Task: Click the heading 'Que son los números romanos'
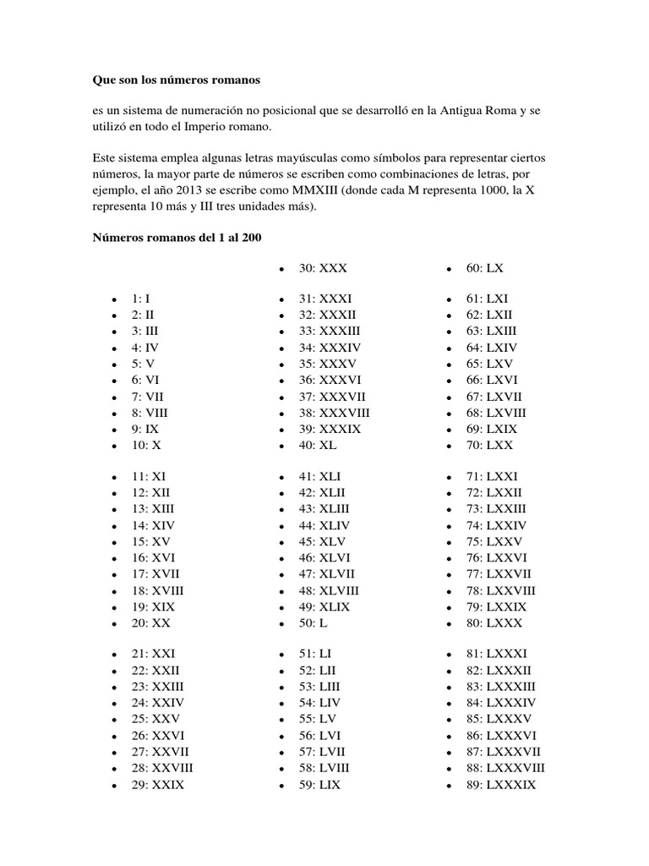pyautogui.click(x=177, y=80)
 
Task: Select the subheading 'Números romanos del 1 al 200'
pyautogui.click(x=177, y=238)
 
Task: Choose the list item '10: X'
pyautogui.click(x=145, y=445)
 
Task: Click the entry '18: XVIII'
pyautogui.click(x=157, y=590)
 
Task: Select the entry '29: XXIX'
pyautogui.click(x=157, y=784)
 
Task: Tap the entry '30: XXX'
pyautogui.click(x=323, y=268)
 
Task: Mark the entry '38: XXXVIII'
pyautogui.click(x=334, y=413)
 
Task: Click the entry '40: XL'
pyautogui.click(x=319, y=445)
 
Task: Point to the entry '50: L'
pyautogui.click(x=312, y=622)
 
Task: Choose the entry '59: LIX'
pyautogui.click(x=319, y=784)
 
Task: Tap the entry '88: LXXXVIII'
pyautogui.click(x=505, y=768)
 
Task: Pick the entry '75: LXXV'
pyautogui.click(x=494, y=541)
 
